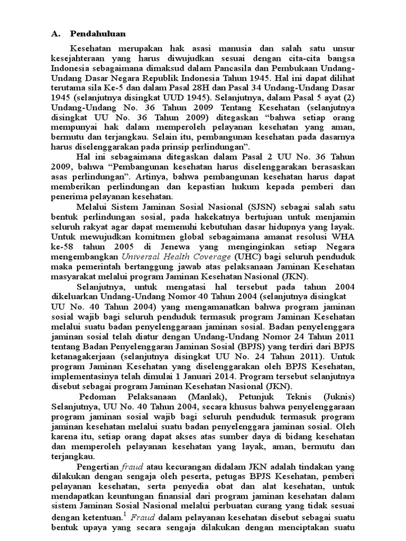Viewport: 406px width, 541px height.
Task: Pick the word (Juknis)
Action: pos(336,397)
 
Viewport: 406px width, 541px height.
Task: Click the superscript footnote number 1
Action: pos(126,514)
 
